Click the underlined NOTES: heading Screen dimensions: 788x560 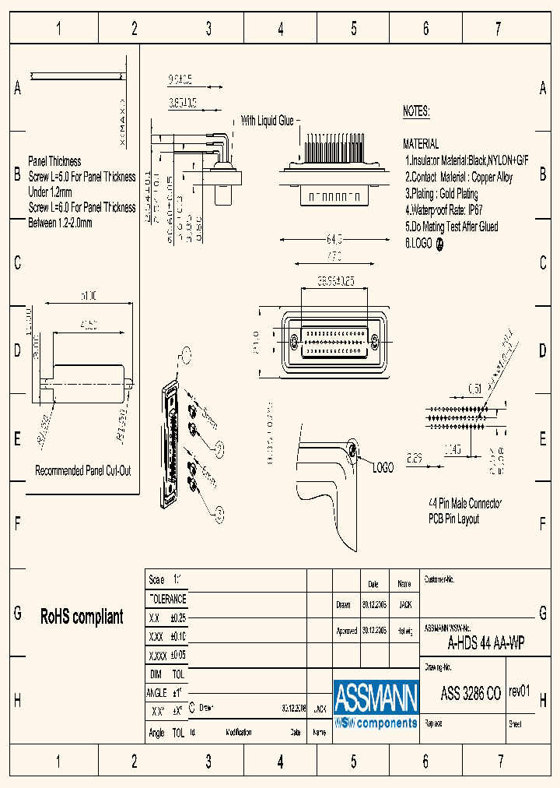pos(416,111)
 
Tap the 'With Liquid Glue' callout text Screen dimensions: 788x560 pos(267,121)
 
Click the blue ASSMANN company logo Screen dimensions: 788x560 pos(376,705)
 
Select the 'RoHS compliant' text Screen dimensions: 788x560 pos(82,617)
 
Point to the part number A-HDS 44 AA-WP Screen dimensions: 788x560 pos(485,643)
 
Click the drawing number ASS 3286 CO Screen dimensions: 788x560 pos(471,694)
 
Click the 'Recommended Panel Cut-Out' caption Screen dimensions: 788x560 pos(82,471)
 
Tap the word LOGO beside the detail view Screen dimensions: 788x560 pos(383,468)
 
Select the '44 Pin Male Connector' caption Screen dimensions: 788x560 pos(465,504)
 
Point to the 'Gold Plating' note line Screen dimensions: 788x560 pos(442,194)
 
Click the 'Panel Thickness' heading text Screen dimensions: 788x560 pos(54,161)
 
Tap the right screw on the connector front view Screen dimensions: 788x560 pos(375,341)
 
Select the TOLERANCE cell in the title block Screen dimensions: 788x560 pos(167,599)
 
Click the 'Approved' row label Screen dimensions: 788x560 pos(347,631)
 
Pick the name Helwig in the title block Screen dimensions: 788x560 pos(404,631)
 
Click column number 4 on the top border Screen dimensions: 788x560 pos(281,30)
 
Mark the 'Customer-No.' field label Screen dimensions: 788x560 pos(439,580)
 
